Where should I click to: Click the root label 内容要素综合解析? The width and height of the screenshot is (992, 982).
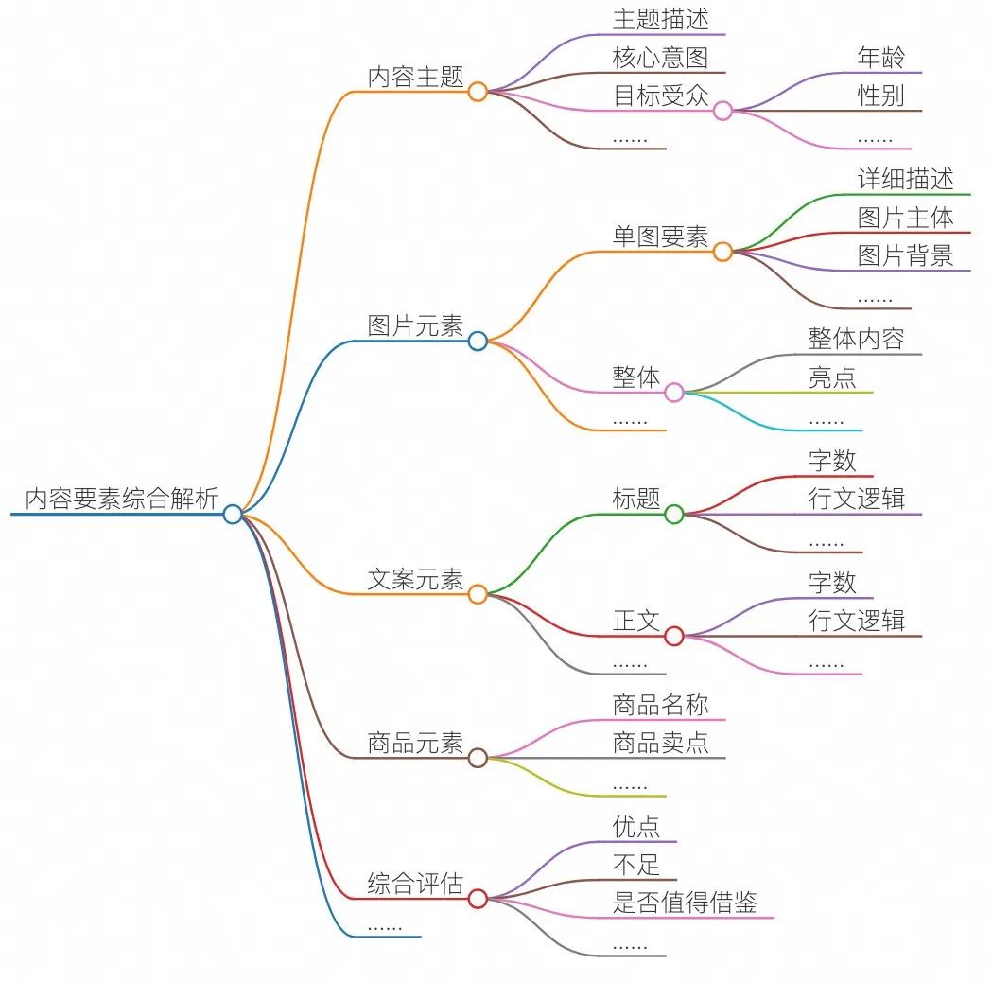coord(121,499)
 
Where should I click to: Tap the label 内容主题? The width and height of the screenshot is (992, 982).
coord(416,77)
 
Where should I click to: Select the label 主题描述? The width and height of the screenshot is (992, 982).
coord(660,19)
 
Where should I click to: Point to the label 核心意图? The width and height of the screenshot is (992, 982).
coord(660,57)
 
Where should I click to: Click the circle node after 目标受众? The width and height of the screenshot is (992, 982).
coord(722,111)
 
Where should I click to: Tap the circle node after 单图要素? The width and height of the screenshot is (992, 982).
coord(722,252)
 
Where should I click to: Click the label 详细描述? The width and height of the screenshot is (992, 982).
coord(905,178)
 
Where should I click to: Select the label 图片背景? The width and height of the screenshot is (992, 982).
coord(905,254)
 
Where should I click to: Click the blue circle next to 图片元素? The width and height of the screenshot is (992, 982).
coord(478,341)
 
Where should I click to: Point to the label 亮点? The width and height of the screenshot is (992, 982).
coord(832,377)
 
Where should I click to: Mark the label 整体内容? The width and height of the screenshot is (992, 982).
coord(857,339)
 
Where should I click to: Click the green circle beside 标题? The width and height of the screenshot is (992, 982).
coord(674,514)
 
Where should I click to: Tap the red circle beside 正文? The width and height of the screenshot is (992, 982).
coord(674,636)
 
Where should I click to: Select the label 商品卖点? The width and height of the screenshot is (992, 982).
coord(660,743)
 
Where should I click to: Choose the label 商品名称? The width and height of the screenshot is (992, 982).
coord(660,704)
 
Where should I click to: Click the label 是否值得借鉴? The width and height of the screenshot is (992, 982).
coord(685,903)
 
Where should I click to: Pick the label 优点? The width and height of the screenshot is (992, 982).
coord(636,826)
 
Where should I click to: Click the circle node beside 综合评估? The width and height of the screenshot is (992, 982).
coord(478,899)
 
